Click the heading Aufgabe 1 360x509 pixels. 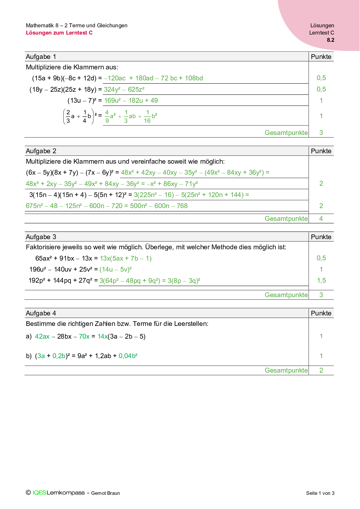(x=41, y=57)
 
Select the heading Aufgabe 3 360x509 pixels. (x=41, y=237)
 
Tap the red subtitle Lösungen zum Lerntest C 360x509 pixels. (x=59, y=33)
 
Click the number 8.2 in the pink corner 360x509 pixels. (x=330, y=40)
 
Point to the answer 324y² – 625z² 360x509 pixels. (x=124, y=89)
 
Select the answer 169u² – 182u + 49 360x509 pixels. (x=131, y=100)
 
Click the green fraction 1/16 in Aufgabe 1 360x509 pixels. (x=147, y=116)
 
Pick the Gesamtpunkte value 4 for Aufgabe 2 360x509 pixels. (x=321, y=219)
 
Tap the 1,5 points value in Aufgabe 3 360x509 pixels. (x=321, y=280)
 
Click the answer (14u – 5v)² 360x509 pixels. (x=116, y=269)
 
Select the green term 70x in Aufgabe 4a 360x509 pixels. (x=84, y=336)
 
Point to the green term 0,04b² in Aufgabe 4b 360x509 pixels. (x=128, y=356)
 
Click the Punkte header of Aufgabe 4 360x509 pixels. (x=321, y=313)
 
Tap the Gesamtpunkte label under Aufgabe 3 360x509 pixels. (x=286, y=295)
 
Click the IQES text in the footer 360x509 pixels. (x=39, y=493)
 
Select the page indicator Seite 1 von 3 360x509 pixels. (x=320, y=493)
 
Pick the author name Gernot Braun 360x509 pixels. (x=105, y=493)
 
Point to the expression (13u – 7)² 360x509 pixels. (x=82, y=100)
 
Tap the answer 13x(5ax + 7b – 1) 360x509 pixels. (x=125, y=258)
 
